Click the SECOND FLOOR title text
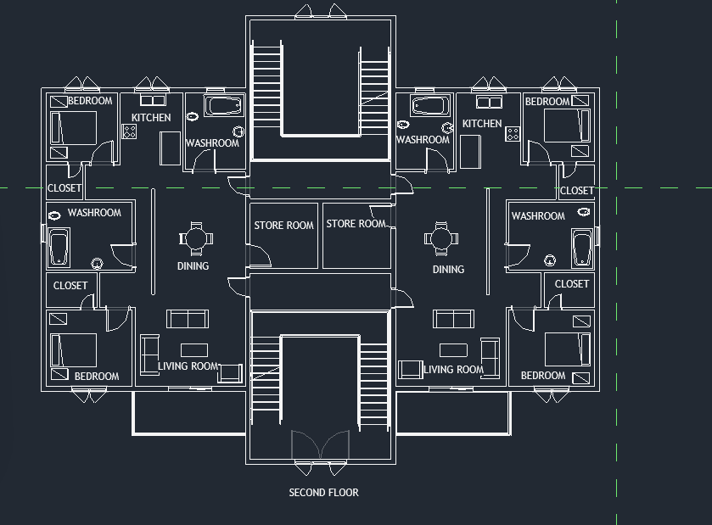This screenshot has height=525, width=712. (x=323, y=493)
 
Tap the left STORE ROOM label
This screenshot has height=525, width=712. (x=283, y=226)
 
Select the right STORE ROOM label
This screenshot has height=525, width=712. (x=356, y=224)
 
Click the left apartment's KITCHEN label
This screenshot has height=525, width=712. (x=151, y=118)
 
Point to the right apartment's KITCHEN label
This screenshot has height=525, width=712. (x=481, y=124)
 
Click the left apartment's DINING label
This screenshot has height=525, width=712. (x=193, y=266)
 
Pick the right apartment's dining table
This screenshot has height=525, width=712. (x=440, y=237)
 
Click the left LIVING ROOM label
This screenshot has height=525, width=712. (x=188, y=367)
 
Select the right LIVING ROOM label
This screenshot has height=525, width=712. (x=453, y=370)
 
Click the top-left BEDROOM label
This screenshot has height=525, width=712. (x=90, y=102)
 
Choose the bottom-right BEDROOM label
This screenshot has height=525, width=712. (x=542, y=376)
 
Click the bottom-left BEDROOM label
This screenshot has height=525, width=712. (x=97, y=377)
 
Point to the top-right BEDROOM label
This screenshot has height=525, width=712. (x=547, y=102)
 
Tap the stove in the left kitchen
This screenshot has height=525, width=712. (x=130, y=131)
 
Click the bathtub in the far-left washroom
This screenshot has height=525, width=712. (x=59, y=248)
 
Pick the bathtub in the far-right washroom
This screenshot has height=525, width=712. (x=582, y=248)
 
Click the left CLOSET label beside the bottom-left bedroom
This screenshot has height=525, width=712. (x=70, y=286)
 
